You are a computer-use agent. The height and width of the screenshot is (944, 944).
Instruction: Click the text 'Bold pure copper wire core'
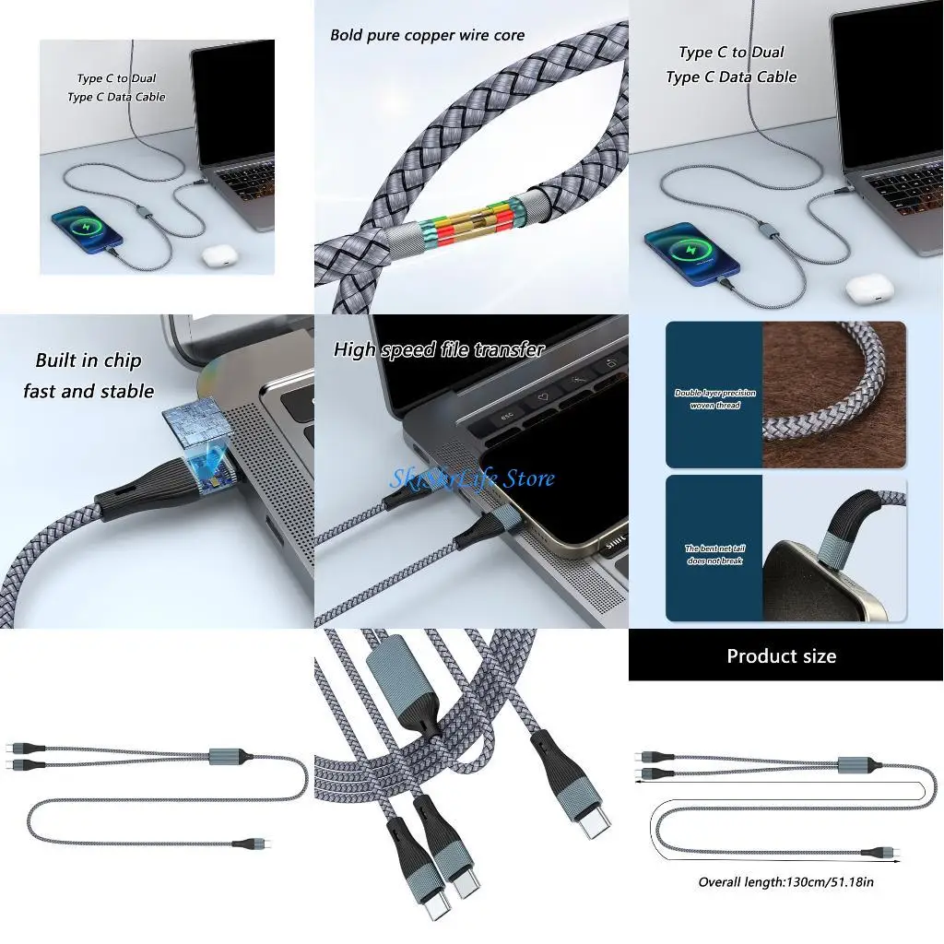[x=427, y=36]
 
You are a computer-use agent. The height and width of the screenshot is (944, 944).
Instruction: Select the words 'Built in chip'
[x=88, y=360]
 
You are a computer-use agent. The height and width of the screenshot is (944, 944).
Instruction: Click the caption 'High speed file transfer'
[x=439, y=350]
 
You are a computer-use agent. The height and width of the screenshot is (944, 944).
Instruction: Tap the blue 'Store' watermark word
[x=524, y=478]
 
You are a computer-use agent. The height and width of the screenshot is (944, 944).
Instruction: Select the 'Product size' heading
[x=781, y=656]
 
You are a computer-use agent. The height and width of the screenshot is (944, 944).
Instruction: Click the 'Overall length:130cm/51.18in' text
[x=785, y=882]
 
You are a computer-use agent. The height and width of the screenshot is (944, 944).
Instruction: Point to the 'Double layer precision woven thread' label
[x=714, y=399]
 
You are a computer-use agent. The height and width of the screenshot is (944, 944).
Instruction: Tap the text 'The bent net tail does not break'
[x=714, y=555]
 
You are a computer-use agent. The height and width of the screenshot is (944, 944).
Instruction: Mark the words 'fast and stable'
[x=88, y=392]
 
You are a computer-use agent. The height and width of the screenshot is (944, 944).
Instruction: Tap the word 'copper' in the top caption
[x=433, y=36]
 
